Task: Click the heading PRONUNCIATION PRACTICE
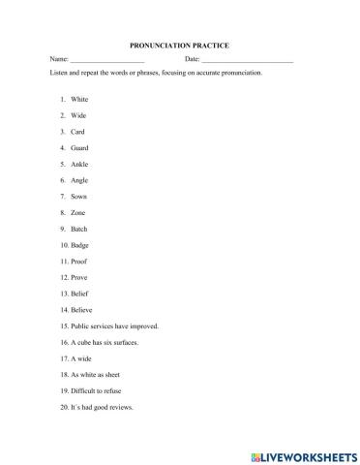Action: pos(179,45)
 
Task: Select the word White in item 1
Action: pos(79,99)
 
